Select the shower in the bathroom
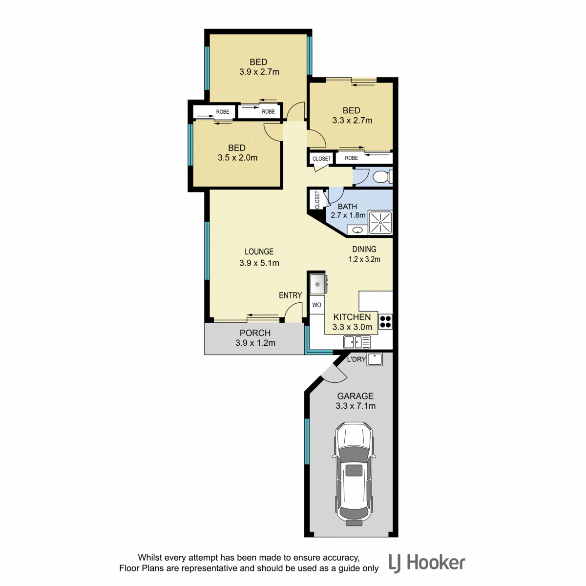click(380, 223)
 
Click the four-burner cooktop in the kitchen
click(385, 322)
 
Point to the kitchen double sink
click(357, 342)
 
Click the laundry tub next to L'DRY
click(375, 359)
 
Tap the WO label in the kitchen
click(316, 305)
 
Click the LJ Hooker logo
click(427, 563)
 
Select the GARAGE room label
click(355, 396)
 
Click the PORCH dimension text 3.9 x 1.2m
click(255, 343)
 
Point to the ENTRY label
click(291, 295)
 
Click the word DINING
click(364, 250)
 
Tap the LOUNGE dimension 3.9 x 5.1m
click(259, 263)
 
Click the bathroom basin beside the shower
click(357, 230)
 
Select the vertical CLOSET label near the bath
click(317, 200)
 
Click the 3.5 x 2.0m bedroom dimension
click(237, 158)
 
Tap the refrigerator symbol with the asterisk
click(318, 284)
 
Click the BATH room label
click(347, 207)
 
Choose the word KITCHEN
click(352, 317)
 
